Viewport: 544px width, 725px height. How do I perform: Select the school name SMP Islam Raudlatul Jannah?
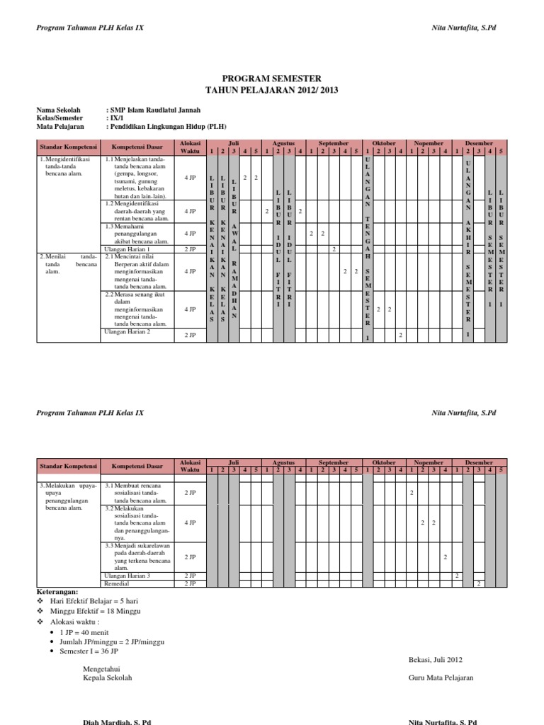[x=153, y=110]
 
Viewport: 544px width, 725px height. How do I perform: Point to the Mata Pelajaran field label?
[x=59, y=127]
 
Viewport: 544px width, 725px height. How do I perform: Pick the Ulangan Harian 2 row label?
[x=127, y=331]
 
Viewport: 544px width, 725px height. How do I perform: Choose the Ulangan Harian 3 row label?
[x=127, y=576]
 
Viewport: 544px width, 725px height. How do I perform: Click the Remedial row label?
[x=117, y=583]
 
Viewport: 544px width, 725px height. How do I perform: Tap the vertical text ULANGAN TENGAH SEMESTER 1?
[x=366, y=248]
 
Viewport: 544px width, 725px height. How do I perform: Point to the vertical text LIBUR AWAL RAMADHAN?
[x=234, y=248]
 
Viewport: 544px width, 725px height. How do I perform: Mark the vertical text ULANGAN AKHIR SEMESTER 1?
[x=468, y=248]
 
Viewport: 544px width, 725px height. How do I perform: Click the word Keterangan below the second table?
[x=58, y=591]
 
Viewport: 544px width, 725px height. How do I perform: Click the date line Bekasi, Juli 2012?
[x=435, y=660]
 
